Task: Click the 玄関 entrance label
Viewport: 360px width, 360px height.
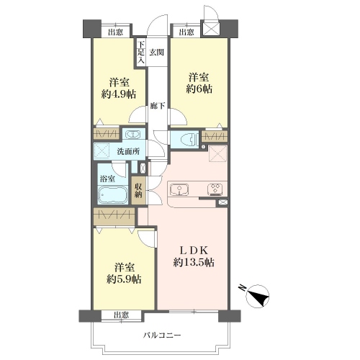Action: (157, 53)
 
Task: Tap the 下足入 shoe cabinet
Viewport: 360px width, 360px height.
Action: (141, 53)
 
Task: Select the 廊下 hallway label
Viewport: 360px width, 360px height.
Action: (158, 106)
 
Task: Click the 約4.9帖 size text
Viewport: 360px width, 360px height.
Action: (119, 94)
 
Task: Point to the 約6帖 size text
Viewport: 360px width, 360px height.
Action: (199, 89)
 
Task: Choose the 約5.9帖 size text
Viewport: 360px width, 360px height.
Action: (124, 279)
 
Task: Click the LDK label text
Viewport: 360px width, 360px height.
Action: (194, 251)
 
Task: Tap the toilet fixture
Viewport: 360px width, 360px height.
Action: (188, 140)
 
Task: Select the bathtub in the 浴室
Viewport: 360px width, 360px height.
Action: (113, 195)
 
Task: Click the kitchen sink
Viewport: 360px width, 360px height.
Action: (179, 189)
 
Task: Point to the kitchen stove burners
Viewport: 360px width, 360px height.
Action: (215, 189)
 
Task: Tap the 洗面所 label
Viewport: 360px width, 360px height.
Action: (128, 151)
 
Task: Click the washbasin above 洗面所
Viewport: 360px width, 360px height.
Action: (133, 135)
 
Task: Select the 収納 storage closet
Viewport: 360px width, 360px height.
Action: (138, 191)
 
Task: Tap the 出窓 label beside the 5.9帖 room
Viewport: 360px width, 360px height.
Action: (121, 315)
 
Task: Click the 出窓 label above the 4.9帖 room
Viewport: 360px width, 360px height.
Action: (115, 32)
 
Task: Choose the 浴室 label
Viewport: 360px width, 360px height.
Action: (107, 179)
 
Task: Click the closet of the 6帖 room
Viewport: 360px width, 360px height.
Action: (215, 137)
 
